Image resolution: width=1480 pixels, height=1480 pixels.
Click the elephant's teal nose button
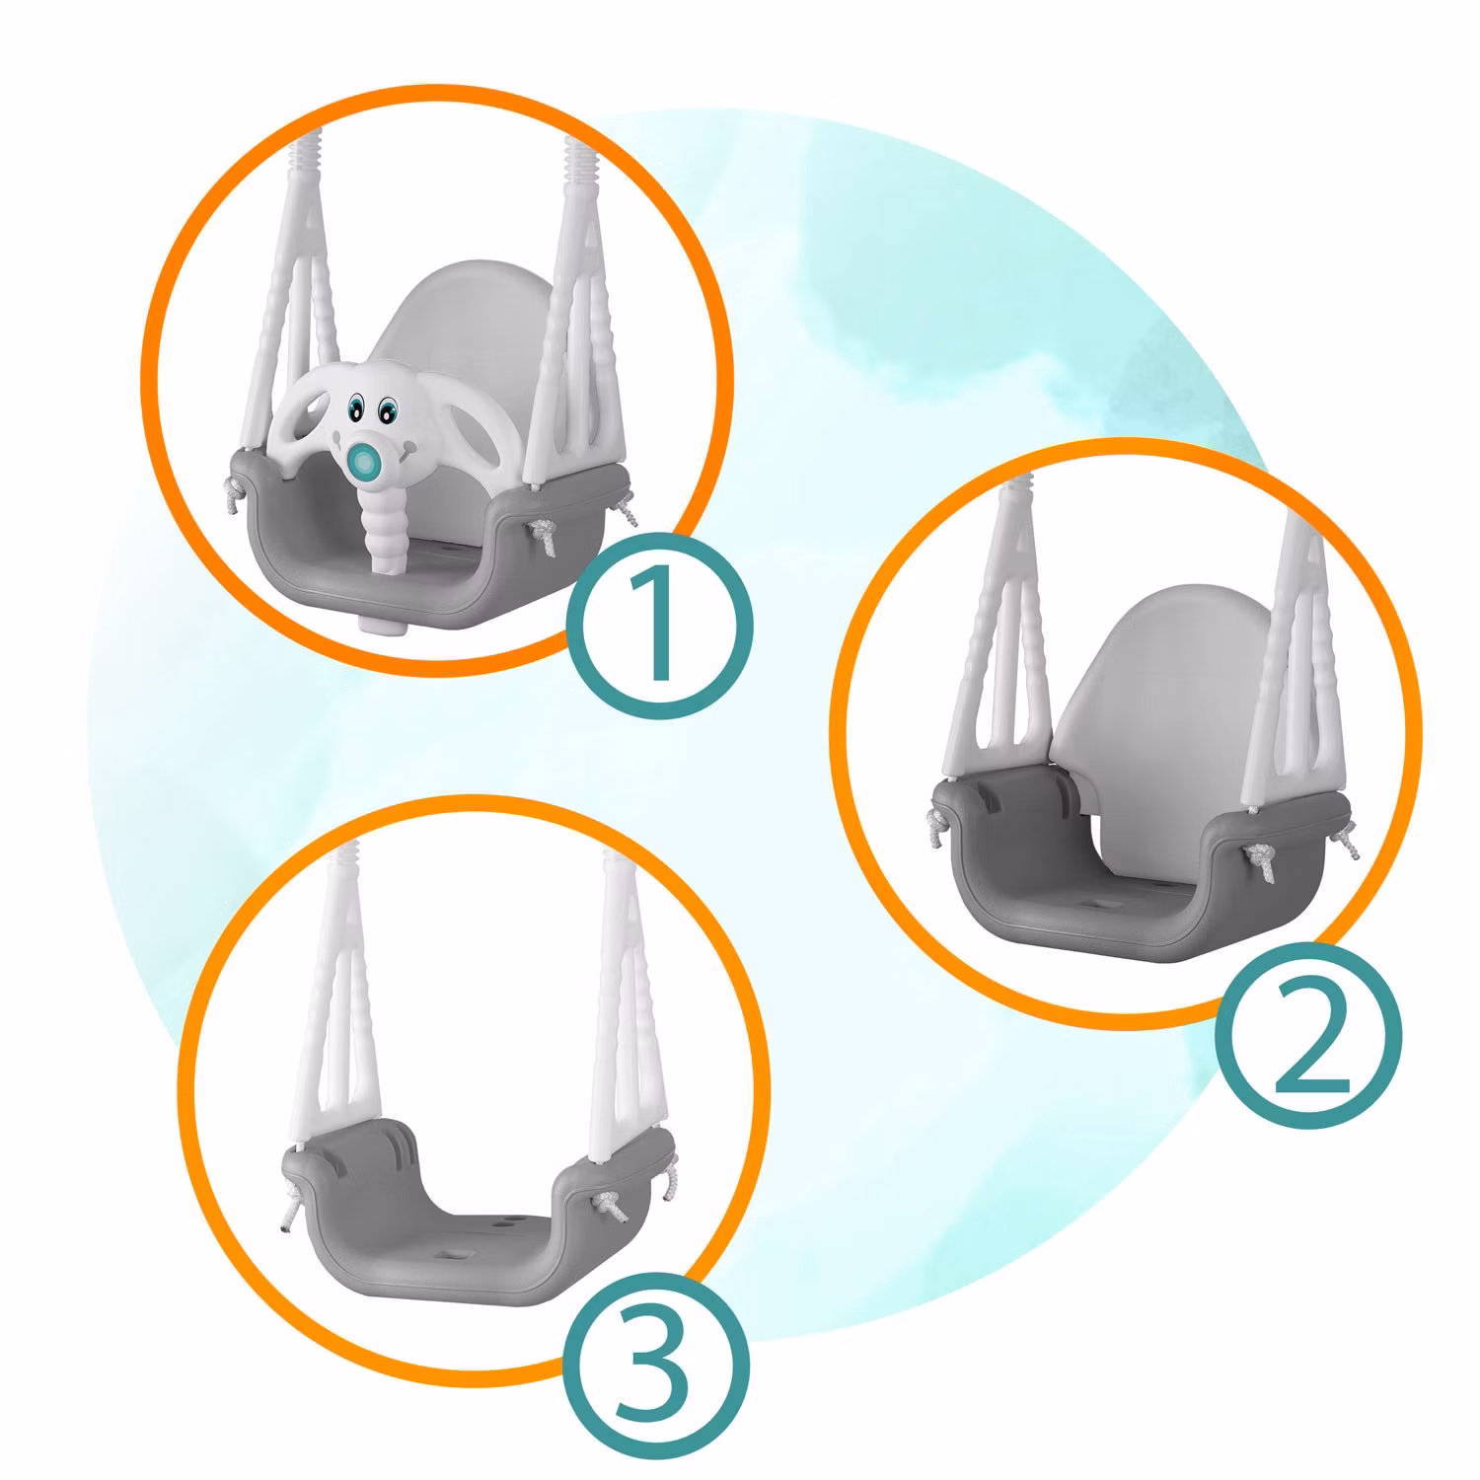[x=366, y=461]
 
